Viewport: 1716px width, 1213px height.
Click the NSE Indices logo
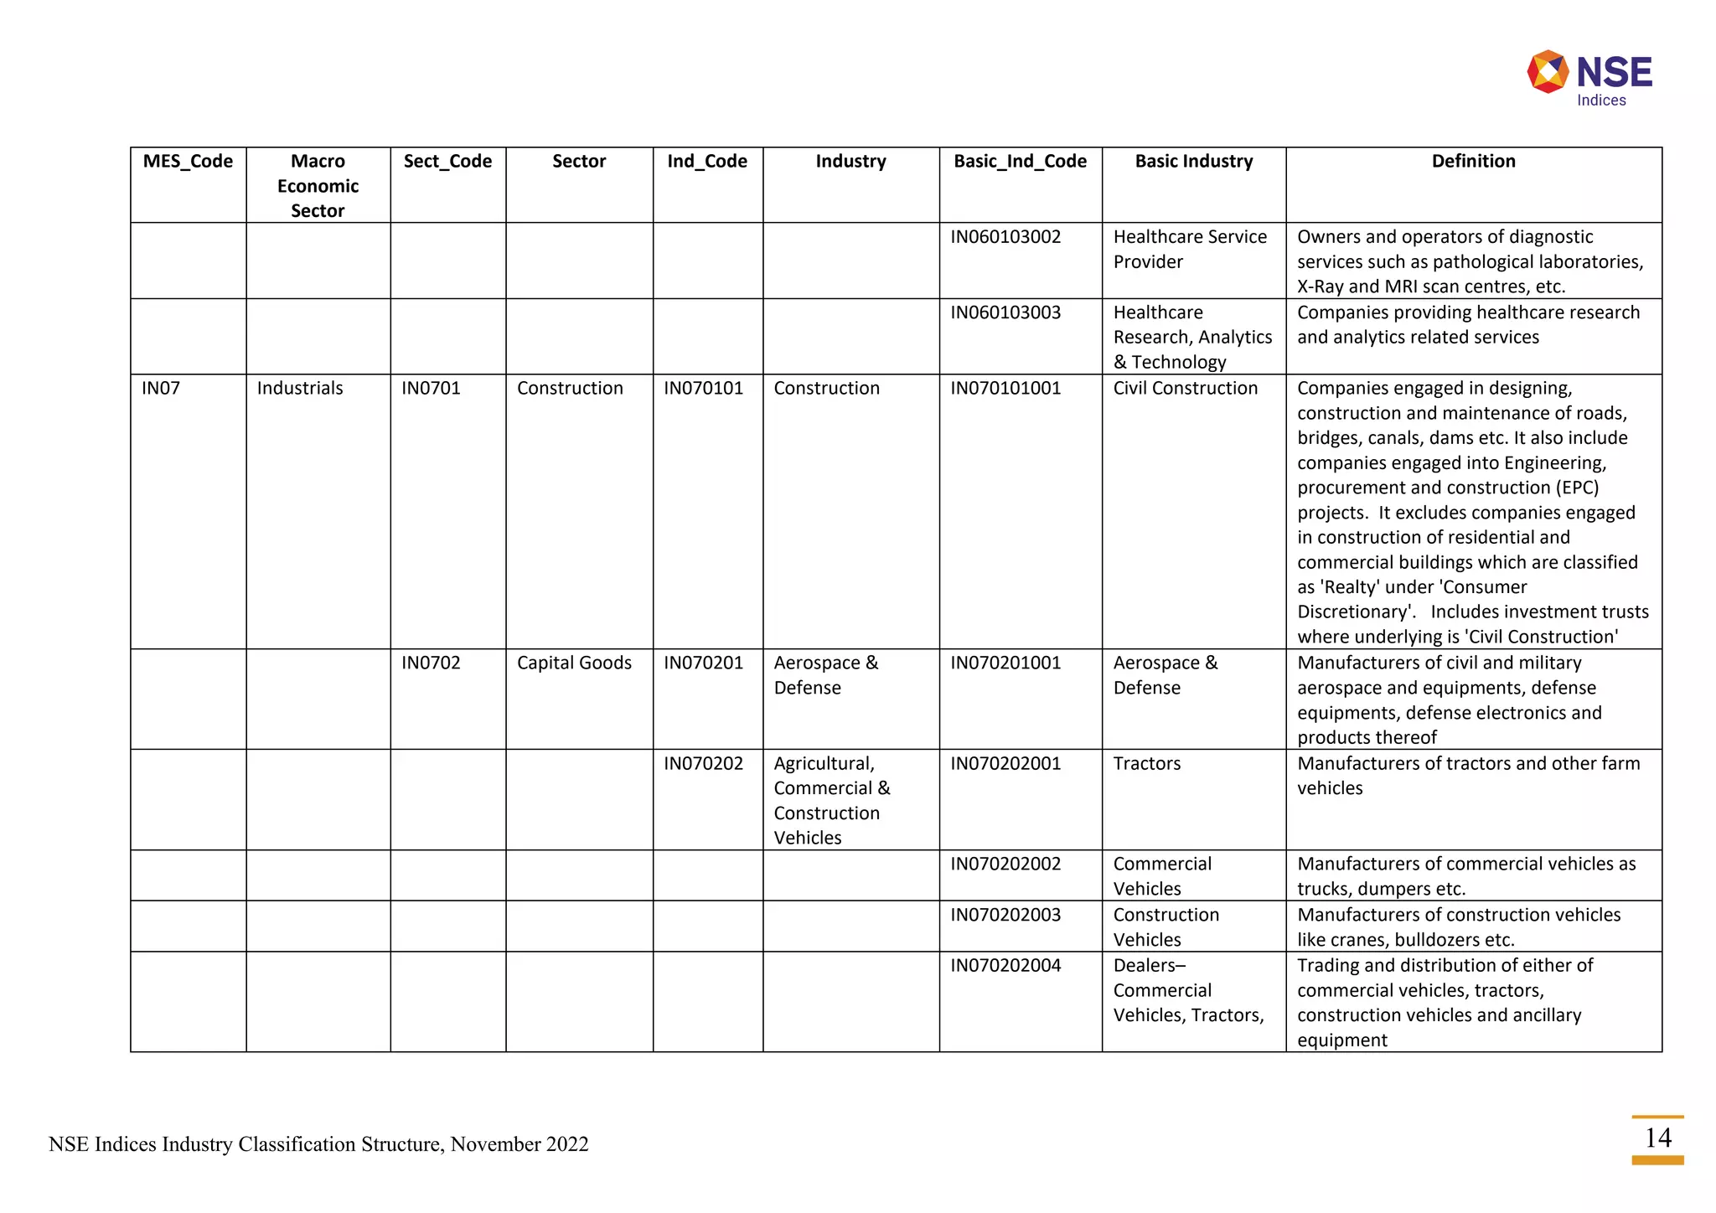point(1589,78)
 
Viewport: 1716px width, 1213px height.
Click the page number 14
point(1657,1138)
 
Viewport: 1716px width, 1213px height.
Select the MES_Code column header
point(188,161)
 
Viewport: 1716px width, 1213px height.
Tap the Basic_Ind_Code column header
point(1020,161)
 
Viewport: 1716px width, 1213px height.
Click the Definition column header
point(1473,161)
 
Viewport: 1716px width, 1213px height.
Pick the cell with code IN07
point(161,388)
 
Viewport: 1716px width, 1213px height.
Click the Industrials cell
point(300,388)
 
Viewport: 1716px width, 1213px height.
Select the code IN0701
point(431,388)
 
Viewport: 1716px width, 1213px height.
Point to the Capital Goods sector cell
point(574,663)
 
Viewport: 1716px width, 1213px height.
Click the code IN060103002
point(1005,237)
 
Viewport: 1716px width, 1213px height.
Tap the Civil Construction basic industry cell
point(1185,388)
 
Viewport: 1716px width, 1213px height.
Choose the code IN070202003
point(1005,915)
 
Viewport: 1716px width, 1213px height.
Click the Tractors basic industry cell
point(1146,763)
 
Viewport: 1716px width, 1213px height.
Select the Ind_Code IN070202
point(703,763)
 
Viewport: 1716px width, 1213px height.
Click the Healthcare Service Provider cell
point(1189,249)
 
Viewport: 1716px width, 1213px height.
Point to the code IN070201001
point(1005,663)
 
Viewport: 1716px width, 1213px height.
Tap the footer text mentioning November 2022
point(318,1144)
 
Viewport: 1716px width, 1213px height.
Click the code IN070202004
point(1005,965)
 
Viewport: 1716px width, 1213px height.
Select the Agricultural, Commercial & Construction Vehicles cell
point(831,800)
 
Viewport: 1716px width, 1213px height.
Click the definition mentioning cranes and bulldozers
point(1458,927)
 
